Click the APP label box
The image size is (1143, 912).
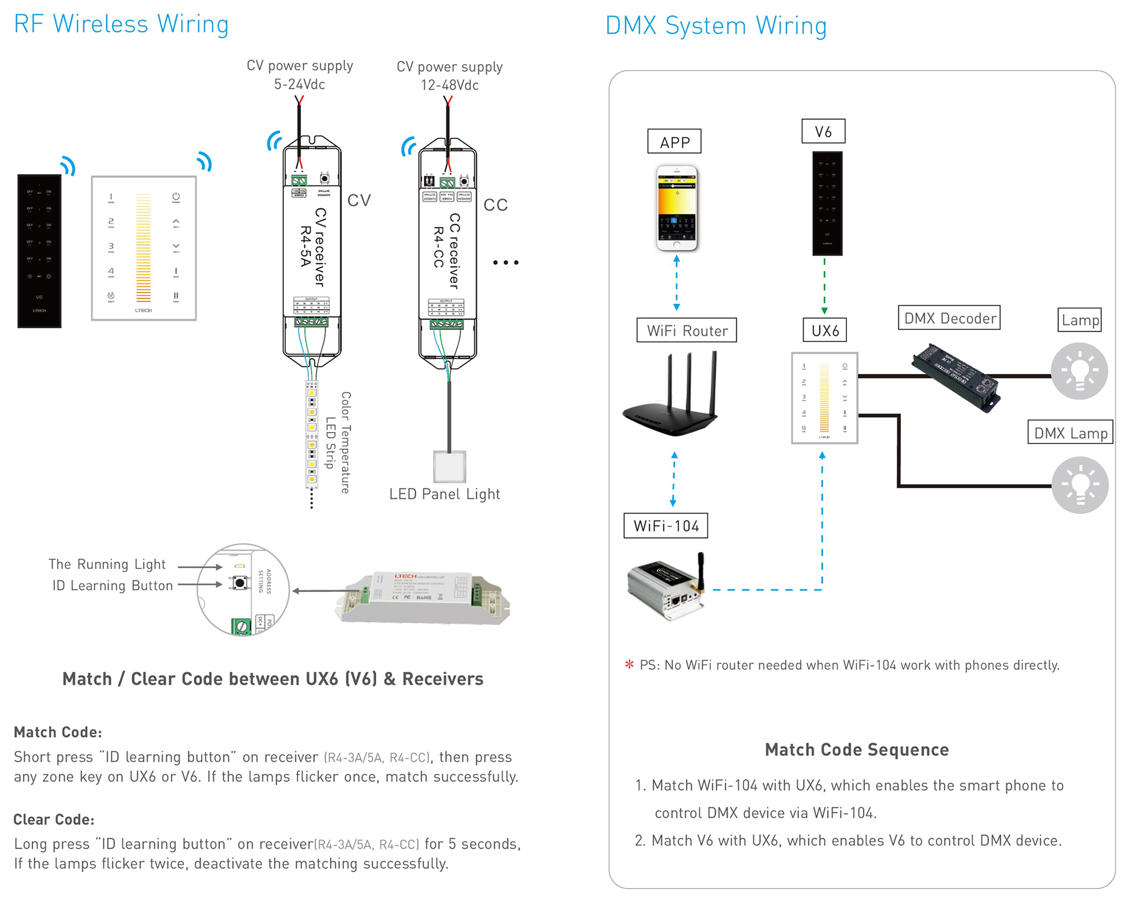[674, 141]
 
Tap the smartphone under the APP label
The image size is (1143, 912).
[677, 208]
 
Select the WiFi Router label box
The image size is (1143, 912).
[686, 330]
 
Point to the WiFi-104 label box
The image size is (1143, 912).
[666, 525]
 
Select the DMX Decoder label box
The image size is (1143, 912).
[949, 318]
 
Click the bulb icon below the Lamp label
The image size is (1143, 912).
[1079, 371]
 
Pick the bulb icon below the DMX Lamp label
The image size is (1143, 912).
[1080, 485]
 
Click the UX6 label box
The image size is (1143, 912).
[825, 330]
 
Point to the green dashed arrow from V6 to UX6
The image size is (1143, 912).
[824, 286]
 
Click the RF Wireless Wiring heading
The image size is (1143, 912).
[121, 24]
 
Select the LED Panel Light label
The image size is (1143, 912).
[444, 494]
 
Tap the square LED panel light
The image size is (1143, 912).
[450, 467]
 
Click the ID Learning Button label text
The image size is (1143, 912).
[113, 586]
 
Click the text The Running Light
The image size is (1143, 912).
[107, 564]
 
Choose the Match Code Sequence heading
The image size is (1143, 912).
[856, 750]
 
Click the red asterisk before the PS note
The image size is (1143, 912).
[629, 664]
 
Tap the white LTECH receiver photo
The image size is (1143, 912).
[422, 597]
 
